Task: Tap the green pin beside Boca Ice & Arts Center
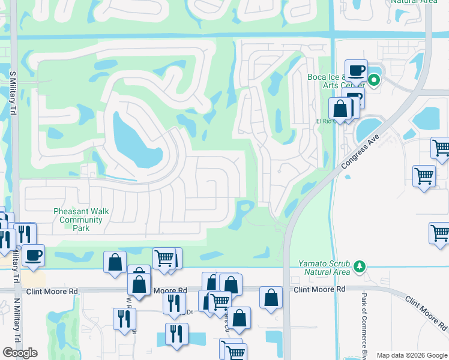coord(374,80)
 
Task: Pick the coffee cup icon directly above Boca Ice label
coord(355,70)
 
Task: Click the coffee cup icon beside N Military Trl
coord(33,254)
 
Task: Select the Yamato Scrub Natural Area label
coord(324,268)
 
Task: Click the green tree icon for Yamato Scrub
coord(360,266)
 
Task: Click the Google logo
coord(20,352)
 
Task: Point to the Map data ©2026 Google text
coord(412,355)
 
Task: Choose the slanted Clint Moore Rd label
coord(424,314)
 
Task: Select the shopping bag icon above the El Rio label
coord(340,109)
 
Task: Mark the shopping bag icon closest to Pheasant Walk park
coord(115,262)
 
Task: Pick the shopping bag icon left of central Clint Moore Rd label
coord(271,296)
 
